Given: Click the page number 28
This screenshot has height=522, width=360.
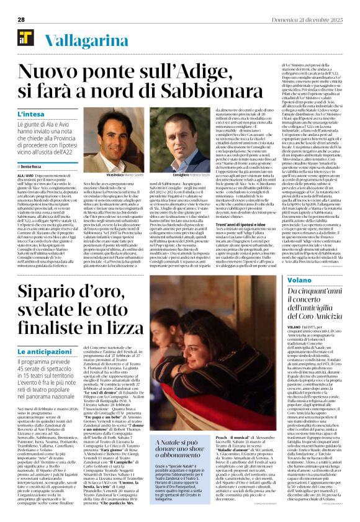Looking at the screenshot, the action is pyautogui.click(x=20, y=19).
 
